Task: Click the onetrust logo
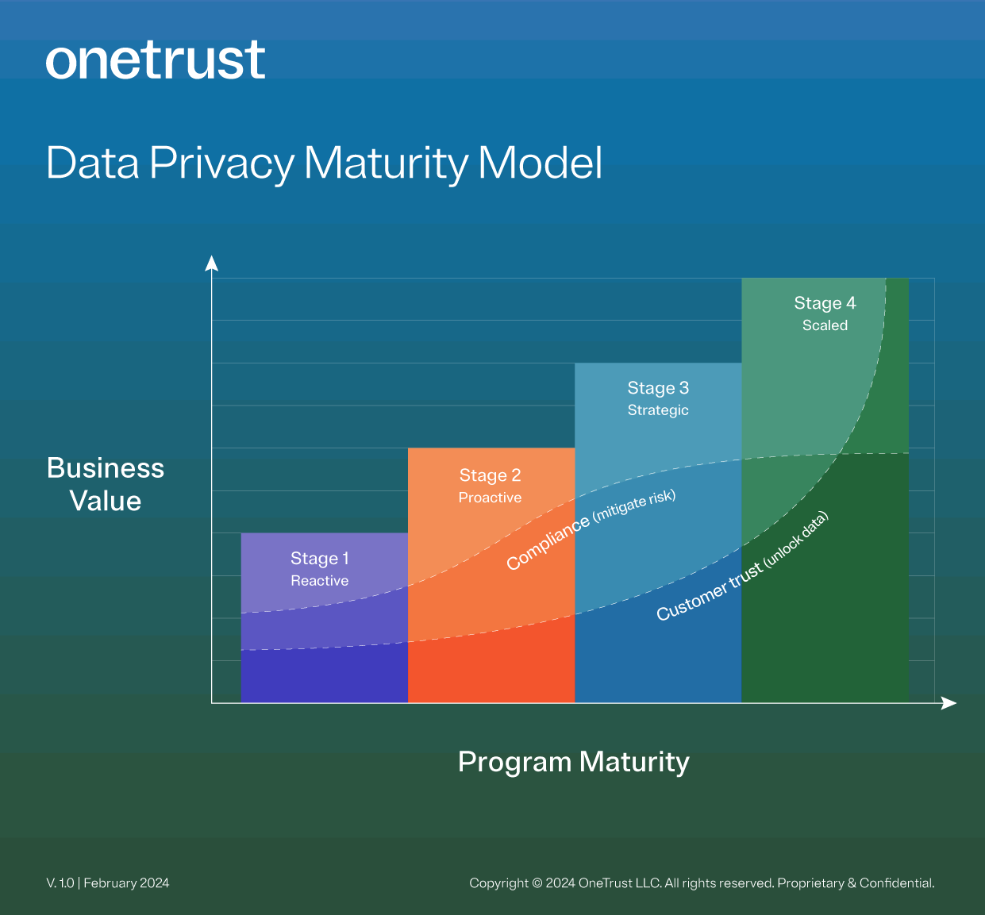(x=156, y=60)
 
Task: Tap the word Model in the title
(x=541, y=163)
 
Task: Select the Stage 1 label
(x=319, y=559)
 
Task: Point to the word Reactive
(x=319, y=581)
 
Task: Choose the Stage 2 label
(x=490, y=475)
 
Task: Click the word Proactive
(x=490, y=498)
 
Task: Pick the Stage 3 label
(x=658, y=388)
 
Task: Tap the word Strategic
(x=658, y=410)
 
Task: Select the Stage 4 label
(x=825, y=303)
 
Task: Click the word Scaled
(x=825, y=325)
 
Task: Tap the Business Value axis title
(x=106, y=484)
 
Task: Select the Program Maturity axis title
(x=573, y=762)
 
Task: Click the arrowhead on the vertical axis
(x=211, y=263)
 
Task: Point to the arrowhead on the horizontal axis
(x=949, y=703)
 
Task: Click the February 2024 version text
(x=126, y=883)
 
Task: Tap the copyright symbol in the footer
(x=537, y=883)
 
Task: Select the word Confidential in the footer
(x=896, y=883)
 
